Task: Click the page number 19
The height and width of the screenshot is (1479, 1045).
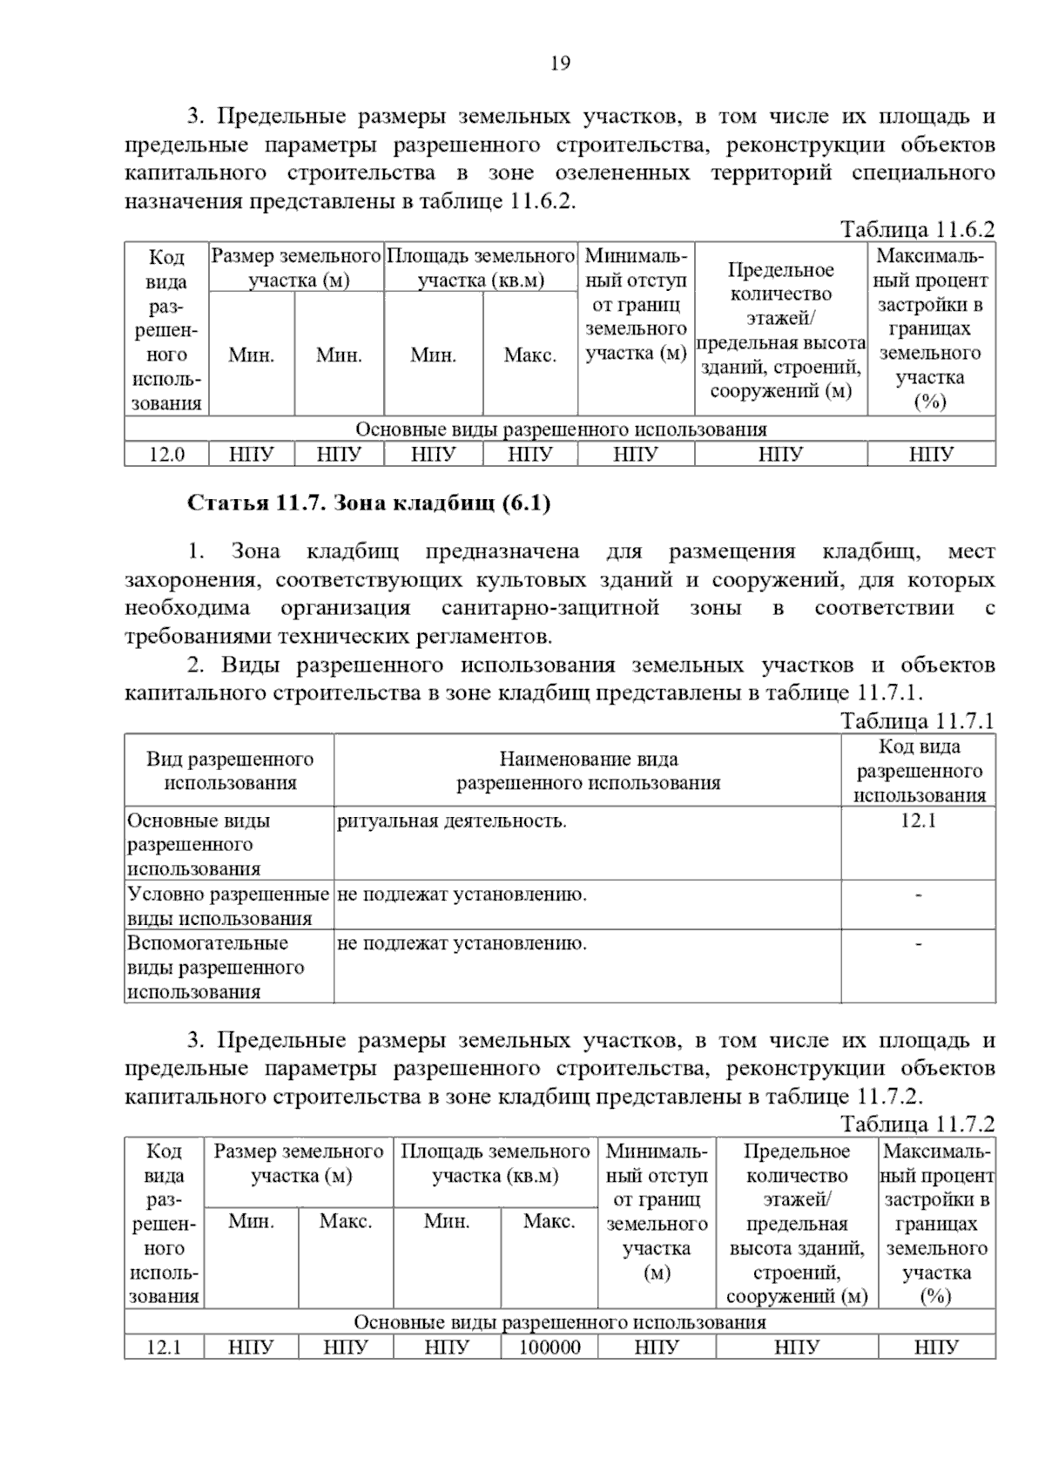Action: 560,64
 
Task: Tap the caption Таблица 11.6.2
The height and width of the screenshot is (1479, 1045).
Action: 917,229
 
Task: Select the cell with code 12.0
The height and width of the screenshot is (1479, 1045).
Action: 165,454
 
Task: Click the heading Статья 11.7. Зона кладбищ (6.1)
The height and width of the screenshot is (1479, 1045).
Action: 369,503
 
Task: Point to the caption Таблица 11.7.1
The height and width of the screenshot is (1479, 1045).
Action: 917,720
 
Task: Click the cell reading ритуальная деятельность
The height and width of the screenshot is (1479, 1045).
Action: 451,821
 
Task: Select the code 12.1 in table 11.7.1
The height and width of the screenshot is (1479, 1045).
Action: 918,821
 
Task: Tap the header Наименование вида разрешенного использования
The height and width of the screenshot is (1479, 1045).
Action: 588,771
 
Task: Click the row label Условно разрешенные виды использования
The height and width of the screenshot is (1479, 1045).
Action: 228,906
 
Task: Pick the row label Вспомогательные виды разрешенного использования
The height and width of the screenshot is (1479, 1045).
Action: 216,967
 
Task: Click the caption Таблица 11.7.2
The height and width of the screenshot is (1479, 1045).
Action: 917,1124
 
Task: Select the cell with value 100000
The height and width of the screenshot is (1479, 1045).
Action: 549,1347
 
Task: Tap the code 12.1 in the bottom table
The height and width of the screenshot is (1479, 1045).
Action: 164,1347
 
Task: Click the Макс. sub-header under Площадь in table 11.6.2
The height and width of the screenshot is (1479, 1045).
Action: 529,355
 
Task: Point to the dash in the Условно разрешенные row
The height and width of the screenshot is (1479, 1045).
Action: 918,895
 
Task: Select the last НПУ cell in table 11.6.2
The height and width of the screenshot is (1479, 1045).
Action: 931,454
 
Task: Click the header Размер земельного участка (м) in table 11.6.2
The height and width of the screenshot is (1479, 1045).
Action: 296,267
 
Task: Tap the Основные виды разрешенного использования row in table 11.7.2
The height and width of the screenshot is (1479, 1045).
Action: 559,1322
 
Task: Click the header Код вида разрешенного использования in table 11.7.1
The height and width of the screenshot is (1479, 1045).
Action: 919,771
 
